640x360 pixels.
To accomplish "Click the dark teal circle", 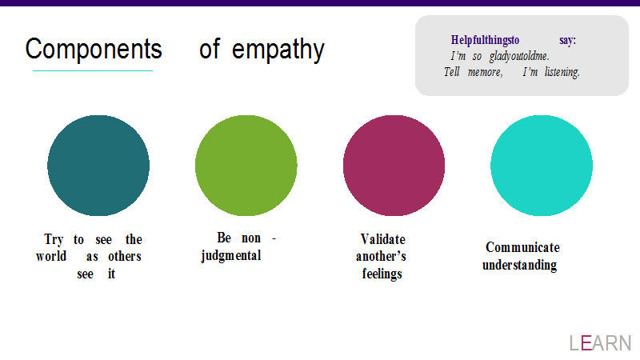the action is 98,166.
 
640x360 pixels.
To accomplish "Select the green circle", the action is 246,166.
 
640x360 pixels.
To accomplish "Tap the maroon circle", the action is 394,166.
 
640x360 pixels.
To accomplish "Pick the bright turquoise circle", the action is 542,166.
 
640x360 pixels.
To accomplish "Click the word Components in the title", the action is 94,50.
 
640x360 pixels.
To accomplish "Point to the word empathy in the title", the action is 278,50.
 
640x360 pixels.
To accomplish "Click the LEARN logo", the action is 601,343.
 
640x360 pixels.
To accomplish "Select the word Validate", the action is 383,239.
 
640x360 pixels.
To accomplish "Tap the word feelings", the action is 382,274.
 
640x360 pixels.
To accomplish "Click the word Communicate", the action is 523,247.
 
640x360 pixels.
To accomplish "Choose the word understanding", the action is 519,265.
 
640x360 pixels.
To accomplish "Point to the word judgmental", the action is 231,256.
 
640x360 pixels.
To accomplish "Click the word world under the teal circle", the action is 51,256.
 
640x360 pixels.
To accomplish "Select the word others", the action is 125,256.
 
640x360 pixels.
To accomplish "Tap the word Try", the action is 54,239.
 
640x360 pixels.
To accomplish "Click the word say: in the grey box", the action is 568,41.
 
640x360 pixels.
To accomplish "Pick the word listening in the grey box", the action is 562,72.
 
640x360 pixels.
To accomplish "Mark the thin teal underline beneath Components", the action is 93,70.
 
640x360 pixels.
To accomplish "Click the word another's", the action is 381,256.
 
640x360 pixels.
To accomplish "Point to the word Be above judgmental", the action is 224,238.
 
